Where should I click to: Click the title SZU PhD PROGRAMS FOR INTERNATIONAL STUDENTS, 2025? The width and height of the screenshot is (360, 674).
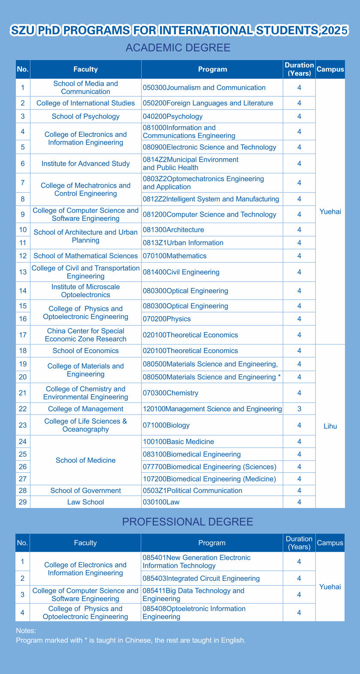tap(179, 31)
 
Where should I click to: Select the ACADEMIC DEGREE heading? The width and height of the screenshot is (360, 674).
tap(178, 48)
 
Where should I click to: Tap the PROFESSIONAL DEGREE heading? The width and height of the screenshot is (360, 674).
tap(188, 522)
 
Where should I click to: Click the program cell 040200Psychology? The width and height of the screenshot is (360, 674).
tap(173, 116)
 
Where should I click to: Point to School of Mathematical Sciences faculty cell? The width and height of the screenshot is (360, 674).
tap(86, 256)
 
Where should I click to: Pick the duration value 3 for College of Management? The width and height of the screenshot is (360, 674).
tap(299, 409)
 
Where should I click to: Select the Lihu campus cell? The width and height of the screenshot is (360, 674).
tap(330, 426)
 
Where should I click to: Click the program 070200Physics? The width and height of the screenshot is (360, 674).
tap(167, 319)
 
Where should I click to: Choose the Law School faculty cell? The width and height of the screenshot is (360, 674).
tap(86, 502)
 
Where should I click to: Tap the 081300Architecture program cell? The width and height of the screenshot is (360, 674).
tap(174, 230)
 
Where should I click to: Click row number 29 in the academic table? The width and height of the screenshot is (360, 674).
tap(23, 502)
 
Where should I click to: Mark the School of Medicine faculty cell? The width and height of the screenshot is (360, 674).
tap(86, 460)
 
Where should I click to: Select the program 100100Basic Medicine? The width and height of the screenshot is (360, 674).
tap(178, 441)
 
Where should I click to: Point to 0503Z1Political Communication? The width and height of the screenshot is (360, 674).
tap(193, 490)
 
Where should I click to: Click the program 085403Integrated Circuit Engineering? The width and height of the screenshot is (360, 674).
tap(201, 578)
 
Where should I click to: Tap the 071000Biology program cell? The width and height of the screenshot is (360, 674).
tap(166, 425)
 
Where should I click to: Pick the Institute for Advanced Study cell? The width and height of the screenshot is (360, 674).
tap(86, 163)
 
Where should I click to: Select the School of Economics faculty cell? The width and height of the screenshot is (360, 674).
tap(86, 351)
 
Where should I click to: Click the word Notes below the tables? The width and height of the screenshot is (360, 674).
tap(26, 631)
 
